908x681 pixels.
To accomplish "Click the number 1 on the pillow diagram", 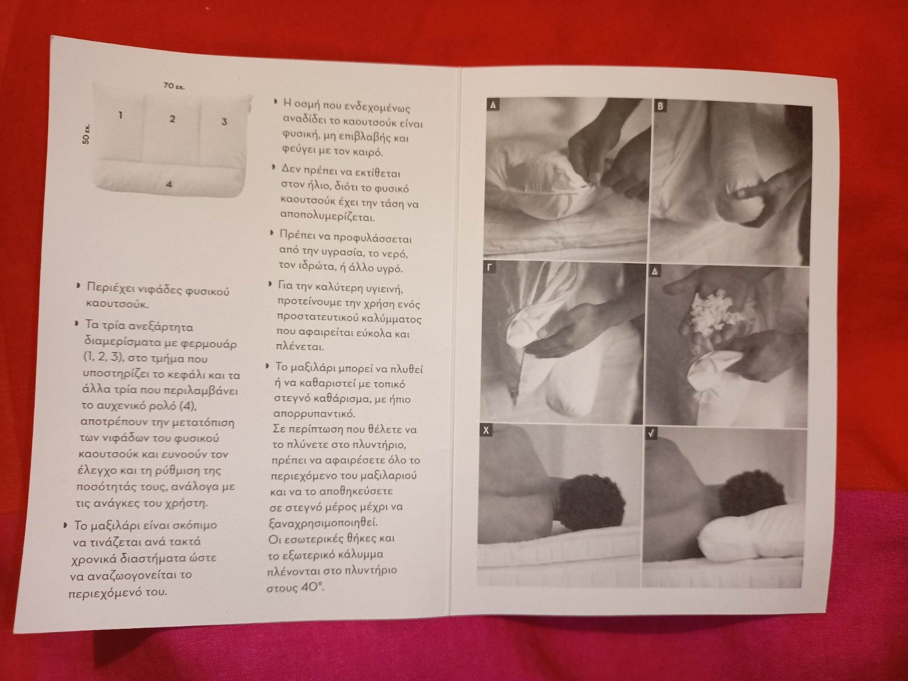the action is point(120,115).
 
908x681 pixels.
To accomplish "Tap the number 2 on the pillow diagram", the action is point(173,119).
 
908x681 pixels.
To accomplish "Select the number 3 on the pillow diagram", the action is point(224,121).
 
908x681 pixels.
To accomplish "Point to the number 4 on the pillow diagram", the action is point(169,184).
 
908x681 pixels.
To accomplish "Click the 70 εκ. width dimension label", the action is point(174,86).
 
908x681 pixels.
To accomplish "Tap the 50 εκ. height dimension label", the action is point(86,133).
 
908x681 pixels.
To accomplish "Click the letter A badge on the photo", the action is point(493,104).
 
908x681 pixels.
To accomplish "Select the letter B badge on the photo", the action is point(660,106).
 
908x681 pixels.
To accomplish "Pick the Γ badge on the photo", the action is point(489,267).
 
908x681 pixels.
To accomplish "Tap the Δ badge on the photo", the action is point(655,271).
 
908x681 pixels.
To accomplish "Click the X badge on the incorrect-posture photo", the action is point(486,430).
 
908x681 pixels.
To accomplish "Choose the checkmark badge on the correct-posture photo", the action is point(651,433).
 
